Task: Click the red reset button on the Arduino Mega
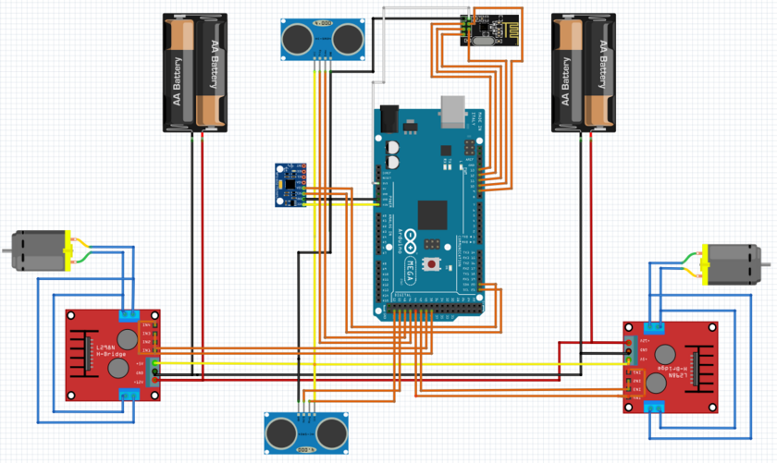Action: tap(430, 265)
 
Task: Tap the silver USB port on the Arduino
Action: tap(453, 110)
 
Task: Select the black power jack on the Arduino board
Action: tap(388, 119)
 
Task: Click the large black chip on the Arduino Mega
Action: tap(433, 214)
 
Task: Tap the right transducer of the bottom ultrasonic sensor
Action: tap(331, 432)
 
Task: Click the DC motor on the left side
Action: tap(39, 251)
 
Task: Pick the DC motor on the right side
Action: tap(735, 264)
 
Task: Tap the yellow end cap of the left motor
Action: tap(67, 251)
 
